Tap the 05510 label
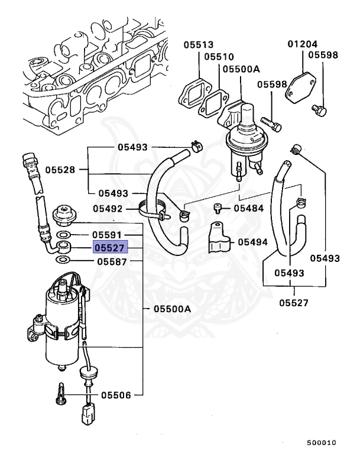coord(219,57)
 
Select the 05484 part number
coord(248,208)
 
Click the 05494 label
coord(253,242)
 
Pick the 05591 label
coord(112,235)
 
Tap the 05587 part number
coord(112,261)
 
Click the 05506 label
coord(115,394)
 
